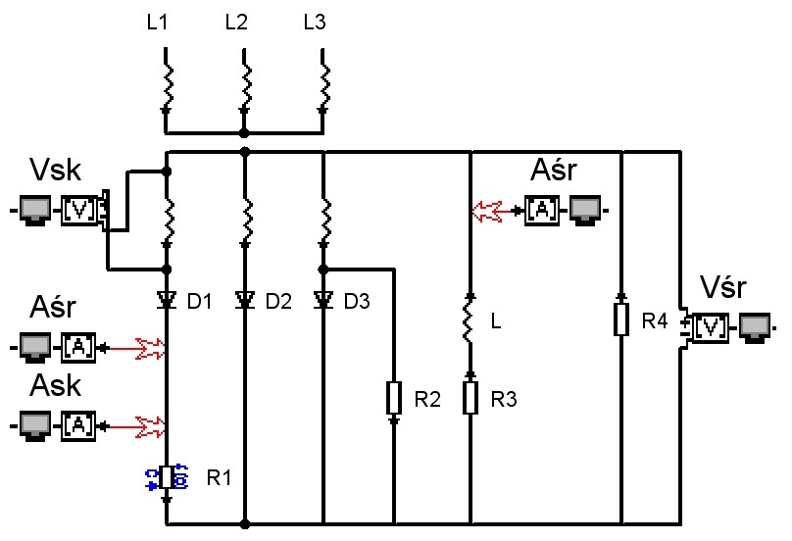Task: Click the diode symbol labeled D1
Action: coord(167,301)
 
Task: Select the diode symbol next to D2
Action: coord(245,301)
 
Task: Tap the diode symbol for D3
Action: coord(323,301)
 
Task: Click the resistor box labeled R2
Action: coord(394,398)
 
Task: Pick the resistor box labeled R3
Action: coord(470,398)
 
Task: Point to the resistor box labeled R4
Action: coord(621,320)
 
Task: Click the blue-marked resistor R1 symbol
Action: coord(167,477)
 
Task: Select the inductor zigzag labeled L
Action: coord(470,320)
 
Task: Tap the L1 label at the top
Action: coord(157,23)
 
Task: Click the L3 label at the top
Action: coord(315,23)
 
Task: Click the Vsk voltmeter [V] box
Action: coord(79,210)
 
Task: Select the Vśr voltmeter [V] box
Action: coord(711,327)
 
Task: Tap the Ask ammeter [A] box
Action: coord(78,425)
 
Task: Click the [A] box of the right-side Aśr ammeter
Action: coord(542,210)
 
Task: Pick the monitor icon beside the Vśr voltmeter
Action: coord(755,327)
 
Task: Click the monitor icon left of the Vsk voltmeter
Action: coord(35,210)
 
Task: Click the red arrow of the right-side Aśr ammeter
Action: coord(492,211)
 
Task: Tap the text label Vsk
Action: coord(56,170)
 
